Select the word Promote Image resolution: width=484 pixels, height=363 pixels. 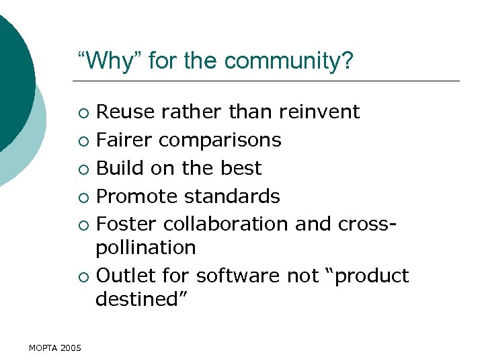coord(134,196)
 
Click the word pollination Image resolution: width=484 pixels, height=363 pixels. coord(146,248)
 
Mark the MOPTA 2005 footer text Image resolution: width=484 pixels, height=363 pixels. coord(55,348)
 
